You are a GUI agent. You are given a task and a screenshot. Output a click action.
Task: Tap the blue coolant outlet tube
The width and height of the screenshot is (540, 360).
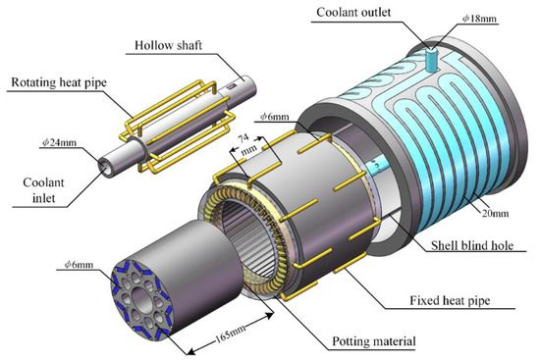tap(431, 57)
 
